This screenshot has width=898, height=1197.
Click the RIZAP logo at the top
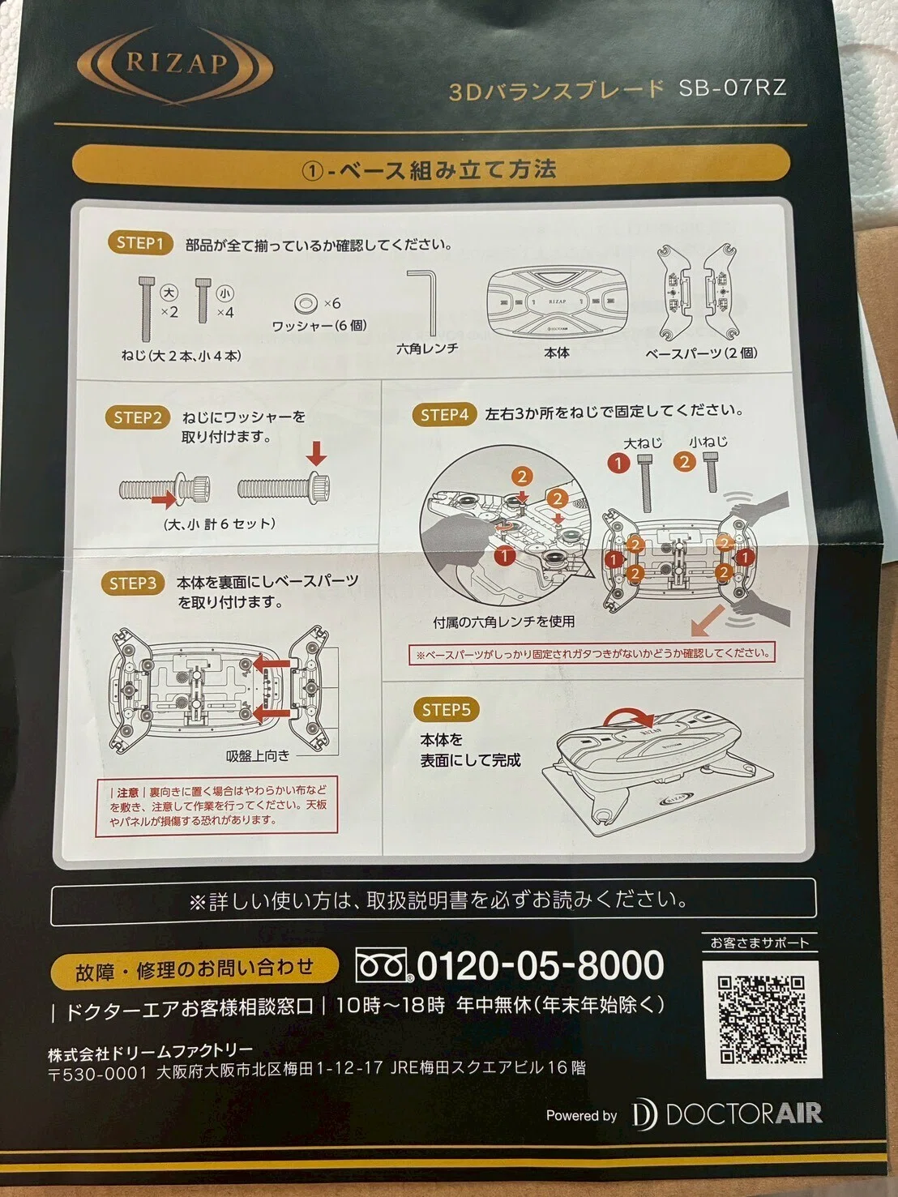point(174,64)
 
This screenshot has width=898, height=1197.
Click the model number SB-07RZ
point(732,88)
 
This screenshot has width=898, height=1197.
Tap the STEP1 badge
point(140,243)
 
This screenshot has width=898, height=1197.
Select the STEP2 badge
point(138,417)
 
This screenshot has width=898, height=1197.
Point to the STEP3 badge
point(133,584)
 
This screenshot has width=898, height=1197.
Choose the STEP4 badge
point(445,415)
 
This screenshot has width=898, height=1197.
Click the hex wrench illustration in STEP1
point(425,303)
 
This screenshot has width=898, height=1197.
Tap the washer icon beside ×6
point(306,303)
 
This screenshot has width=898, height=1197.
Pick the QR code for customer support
point(761,1020)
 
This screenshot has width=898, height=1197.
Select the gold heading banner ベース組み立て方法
point(430,169)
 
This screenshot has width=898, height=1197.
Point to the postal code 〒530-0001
point(98,1073)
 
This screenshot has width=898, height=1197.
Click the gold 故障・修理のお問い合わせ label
point(194,969)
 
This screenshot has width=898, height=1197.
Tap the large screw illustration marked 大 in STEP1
point(147,309)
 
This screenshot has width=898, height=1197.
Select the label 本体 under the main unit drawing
point(557,353)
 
